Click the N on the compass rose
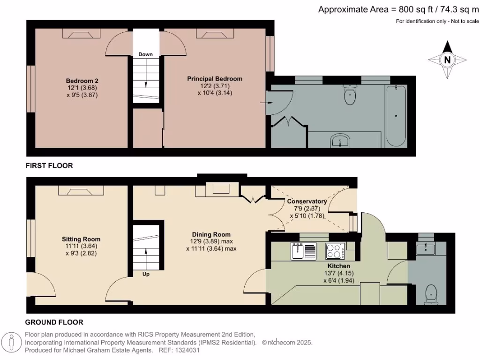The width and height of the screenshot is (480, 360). click(x=448, y=60)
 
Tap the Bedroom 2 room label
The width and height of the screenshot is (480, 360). click(x=82, y=81)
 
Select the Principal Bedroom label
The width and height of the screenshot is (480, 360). click(x=215, y=79)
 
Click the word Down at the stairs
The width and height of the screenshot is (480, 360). click(x=145, y=54)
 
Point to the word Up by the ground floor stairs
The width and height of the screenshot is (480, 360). click(x=146, y=274)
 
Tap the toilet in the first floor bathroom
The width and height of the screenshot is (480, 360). click(x=350, y=96)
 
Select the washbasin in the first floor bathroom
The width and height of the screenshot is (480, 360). click(x=339, y=140)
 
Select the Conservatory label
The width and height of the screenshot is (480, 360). click(x=307, y=202)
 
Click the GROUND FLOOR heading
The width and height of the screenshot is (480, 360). click(x=54, y=322)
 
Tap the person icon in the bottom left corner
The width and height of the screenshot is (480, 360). click(x=12, y=342)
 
